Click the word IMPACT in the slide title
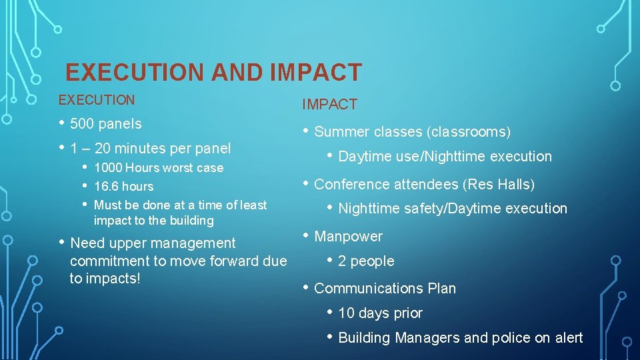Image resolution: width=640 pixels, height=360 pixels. coord(317,72)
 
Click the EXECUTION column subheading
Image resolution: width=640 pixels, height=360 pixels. coord(97,100)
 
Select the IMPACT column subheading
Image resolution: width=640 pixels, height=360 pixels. coord(329,105)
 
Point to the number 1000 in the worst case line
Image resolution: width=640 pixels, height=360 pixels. coord(107,168)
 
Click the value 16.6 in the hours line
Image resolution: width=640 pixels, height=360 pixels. coord(105,187)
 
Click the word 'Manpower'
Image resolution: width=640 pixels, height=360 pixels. coord(348,237)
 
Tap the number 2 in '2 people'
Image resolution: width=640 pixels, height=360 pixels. coord(342,261)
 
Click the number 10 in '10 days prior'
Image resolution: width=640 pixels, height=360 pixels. coord(345,313)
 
